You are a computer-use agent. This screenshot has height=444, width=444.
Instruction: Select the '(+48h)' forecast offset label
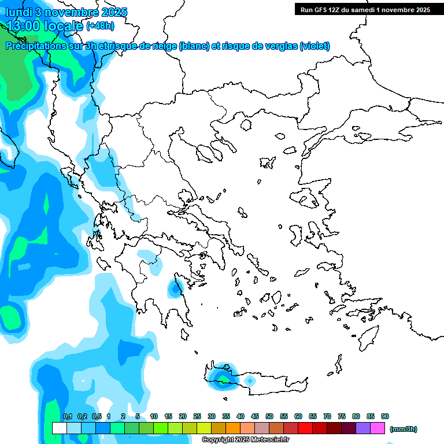(100, 26)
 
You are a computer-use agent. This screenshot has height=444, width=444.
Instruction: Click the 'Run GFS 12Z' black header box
(365, 9)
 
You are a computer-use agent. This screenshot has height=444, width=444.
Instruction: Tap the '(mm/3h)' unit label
(403, 429)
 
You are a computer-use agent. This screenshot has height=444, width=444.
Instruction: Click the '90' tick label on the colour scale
(385, 417)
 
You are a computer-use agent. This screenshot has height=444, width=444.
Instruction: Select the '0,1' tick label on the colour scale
(67, 417)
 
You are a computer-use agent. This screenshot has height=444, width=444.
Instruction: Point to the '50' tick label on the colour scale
(269, 417)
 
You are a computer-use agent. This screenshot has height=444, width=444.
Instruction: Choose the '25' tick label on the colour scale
(197, 417)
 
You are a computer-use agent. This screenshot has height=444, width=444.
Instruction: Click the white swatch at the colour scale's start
(59, 428)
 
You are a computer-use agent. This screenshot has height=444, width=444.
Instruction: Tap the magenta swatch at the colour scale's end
(378, 428)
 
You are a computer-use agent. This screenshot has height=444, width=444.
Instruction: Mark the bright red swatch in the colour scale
(305, 428)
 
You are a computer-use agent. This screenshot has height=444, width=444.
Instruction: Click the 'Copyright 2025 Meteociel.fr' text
(243, 439)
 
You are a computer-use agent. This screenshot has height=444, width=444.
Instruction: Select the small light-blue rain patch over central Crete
(249, 381)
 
